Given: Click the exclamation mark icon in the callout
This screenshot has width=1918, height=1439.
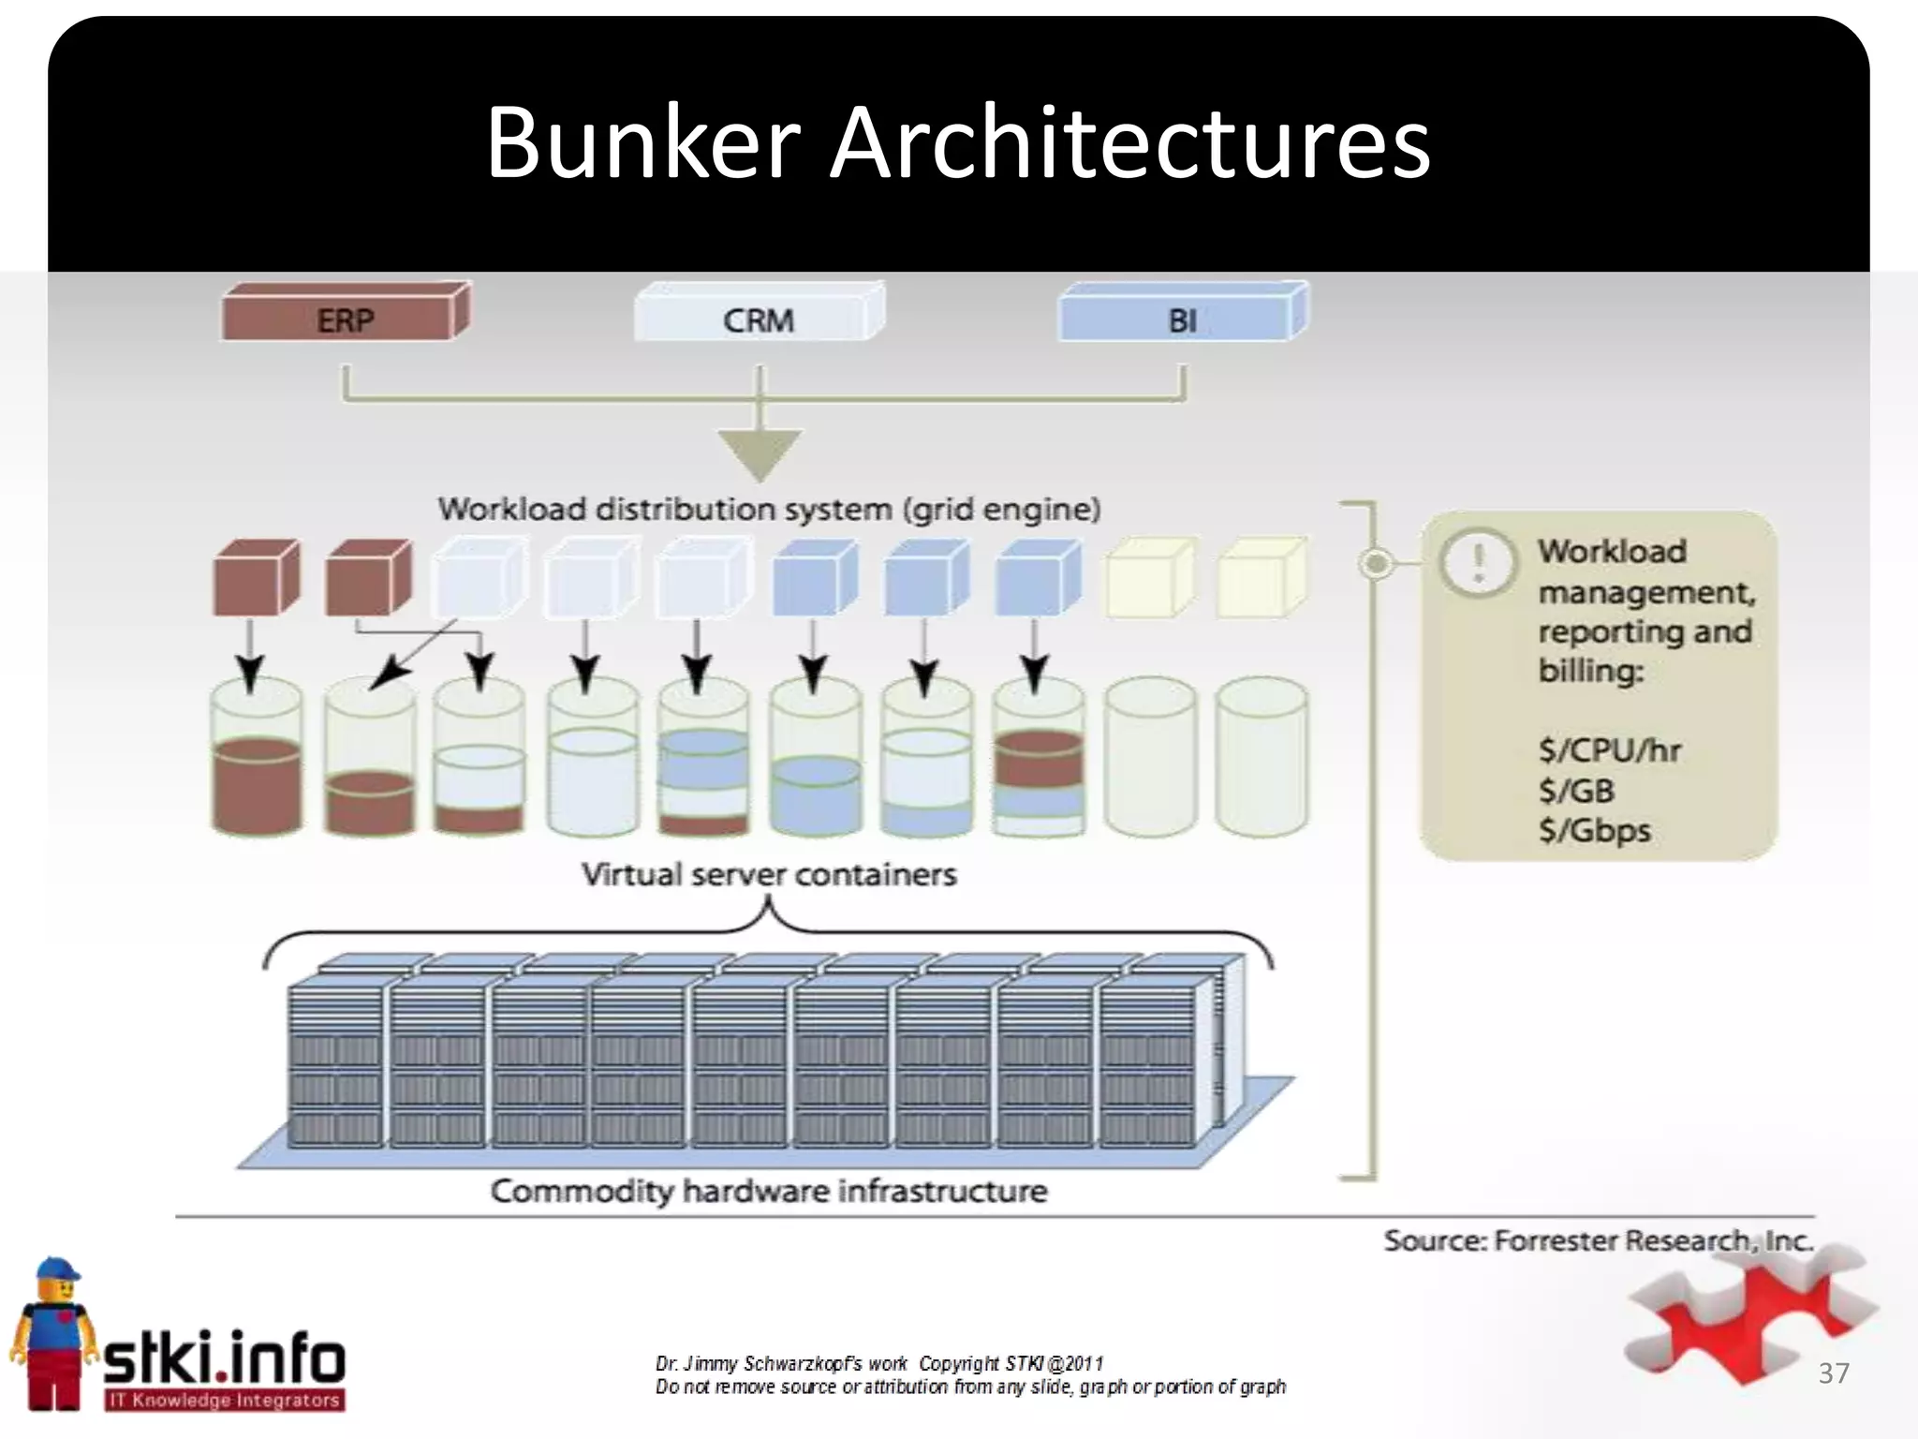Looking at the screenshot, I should [1478, 562].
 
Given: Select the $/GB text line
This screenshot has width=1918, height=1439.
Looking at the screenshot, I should [1576, 791].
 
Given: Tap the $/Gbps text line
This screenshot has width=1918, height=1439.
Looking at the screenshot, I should [1594, 831].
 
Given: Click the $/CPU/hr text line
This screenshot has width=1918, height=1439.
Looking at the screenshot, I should [1609, 750].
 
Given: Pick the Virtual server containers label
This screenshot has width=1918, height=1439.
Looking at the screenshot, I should [769, 875].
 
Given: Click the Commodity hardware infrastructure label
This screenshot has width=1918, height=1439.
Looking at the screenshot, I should [769, 1192].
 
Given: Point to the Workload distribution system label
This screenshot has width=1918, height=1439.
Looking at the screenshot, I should [769, 510].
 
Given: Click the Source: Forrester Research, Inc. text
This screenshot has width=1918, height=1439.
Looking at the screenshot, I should [1598, 1240].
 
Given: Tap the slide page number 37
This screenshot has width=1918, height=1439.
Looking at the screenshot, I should [1833, 1373].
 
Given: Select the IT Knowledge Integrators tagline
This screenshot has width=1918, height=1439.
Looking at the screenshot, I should [223, 1401].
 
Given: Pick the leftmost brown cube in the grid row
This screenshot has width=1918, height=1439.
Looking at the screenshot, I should [256, 577].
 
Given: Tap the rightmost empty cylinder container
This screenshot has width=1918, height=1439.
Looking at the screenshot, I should [1261, 757].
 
